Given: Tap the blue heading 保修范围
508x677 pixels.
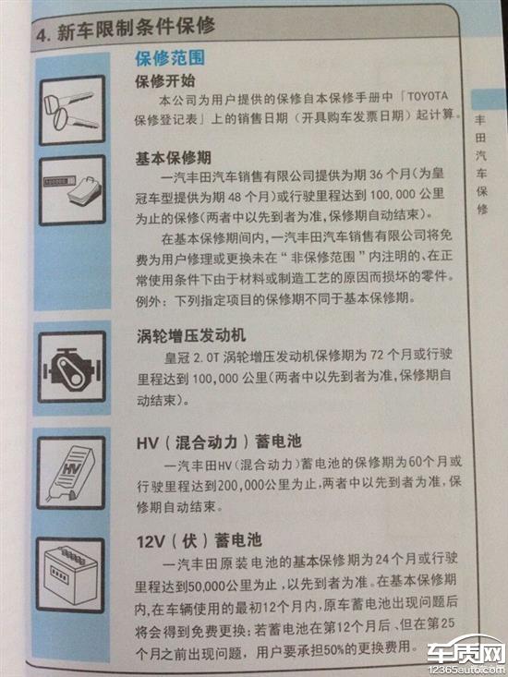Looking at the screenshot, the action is [x=170, y=58].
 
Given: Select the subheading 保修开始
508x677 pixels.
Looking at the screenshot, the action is [x=165, y=80].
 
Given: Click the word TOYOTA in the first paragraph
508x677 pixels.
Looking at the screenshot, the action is [x=428, y=96].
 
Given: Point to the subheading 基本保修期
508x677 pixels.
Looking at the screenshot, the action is [x=173, y=158].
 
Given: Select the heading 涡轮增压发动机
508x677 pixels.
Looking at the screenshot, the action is [x=191, y=335].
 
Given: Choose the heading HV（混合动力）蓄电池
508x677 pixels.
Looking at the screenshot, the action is [x=219, y=442].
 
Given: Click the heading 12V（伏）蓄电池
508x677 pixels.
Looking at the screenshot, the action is [x=199, y=540].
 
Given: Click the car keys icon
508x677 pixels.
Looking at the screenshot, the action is [x=72, y=110].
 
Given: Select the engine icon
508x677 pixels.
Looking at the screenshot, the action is [x=72, y=367].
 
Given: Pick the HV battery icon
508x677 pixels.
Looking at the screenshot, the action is [x=71, y=473].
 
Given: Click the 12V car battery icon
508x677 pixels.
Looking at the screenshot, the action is [x=70, y=575].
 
